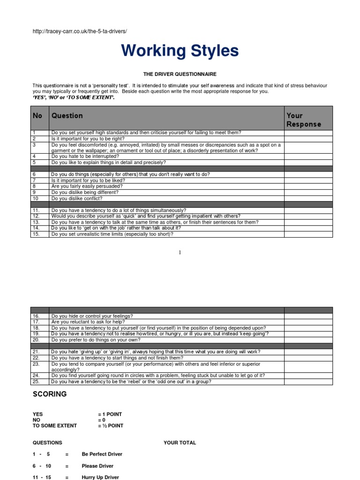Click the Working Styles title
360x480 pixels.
[x=180, y=51]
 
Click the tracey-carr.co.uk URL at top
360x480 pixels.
[x=80, y=31]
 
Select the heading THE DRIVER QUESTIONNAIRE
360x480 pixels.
[x=180, y=74]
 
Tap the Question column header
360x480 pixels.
[x=67, y=116]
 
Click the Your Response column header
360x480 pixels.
[x=304, y=120]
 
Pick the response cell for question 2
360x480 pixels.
[x=308, y=139]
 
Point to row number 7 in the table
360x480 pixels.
[x=34, y=180]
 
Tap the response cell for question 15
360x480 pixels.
[x=308, y=234]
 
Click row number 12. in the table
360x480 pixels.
[x=36, y=216]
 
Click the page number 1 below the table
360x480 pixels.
[x=180, y=252]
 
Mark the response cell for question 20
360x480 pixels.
[x=308, y=340]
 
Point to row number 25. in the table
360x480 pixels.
[x=36, y=382]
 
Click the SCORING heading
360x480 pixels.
[x=50, y=394]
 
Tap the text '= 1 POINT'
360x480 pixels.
[x=110, y=414]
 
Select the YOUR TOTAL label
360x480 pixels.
[x=180, y=442]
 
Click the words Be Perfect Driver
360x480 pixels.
[x=102, y=454]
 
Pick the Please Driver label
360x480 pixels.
[x=97, y=466]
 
